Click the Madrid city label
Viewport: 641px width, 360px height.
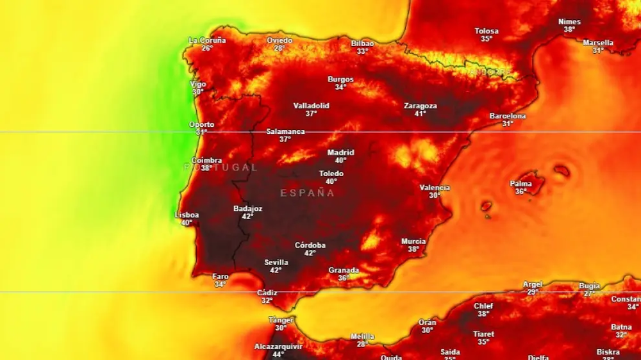(340, 152)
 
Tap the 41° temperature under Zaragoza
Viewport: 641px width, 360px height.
(420, 114)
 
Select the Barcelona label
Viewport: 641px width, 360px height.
(508, 116)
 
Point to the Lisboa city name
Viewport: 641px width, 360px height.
(187, 215)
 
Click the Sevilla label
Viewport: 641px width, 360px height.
(276, 262)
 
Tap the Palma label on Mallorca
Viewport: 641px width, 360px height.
(520, 184)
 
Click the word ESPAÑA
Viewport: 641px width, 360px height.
(308, 193)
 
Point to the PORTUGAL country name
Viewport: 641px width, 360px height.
(221, 167)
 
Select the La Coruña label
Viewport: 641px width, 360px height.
(207, 40)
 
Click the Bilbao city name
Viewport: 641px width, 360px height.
(362, 44)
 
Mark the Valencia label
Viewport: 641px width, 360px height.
(435, 188)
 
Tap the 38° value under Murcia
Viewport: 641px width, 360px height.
(413, 249)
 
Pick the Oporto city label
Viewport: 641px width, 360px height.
(201, 124)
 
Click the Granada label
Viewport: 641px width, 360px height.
(344, 270)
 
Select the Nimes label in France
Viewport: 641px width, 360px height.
(569, 22)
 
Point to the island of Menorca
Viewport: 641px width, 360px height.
(562, 170)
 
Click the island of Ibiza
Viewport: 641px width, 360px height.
(486, 206)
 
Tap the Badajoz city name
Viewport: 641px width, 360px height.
(247, 208)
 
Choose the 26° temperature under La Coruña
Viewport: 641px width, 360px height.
(207, 48)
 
